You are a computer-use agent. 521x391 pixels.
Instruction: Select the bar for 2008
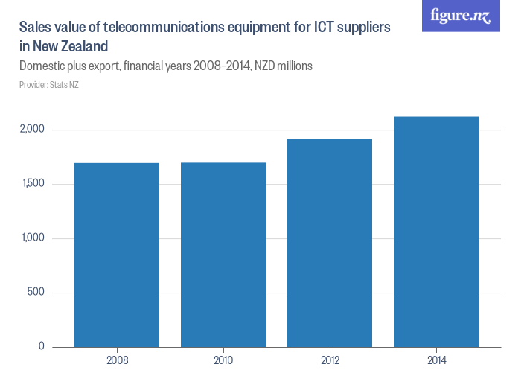coord(117,255)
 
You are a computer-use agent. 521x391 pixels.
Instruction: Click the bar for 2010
coord(223,255)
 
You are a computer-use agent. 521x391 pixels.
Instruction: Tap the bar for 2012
coord(330,243)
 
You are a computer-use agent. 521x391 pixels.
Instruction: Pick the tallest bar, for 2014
coord(436,232)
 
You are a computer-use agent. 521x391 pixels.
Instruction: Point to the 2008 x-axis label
coord(117,361)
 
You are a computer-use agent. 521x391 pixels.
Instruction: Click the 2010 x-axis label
coord(223,361)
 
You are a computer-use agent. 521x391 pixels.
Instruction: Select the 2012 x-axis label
coord(330,361)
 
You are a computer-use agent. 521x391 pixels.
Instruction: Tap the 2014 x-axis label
coord(436,361)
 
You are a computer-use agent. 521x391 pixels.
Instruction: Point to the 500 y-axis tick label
coord(36,292)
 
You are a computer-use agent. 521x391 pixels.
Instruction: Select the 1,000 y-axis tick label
coord(33,238)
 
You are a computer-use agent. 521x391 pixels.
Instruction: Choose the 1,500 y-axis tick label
coord(33,184)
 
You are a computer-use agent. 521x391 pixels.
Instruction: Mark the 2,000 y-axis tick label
coord(33,130)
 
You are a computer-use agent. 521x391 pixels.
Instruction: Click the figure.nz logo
coord(461,16)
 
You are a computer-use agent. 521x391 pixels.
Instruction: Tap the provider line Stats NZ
coord(49,85)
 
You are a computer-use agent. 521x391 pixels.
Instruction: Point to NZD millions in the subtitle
coord(283,66)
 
